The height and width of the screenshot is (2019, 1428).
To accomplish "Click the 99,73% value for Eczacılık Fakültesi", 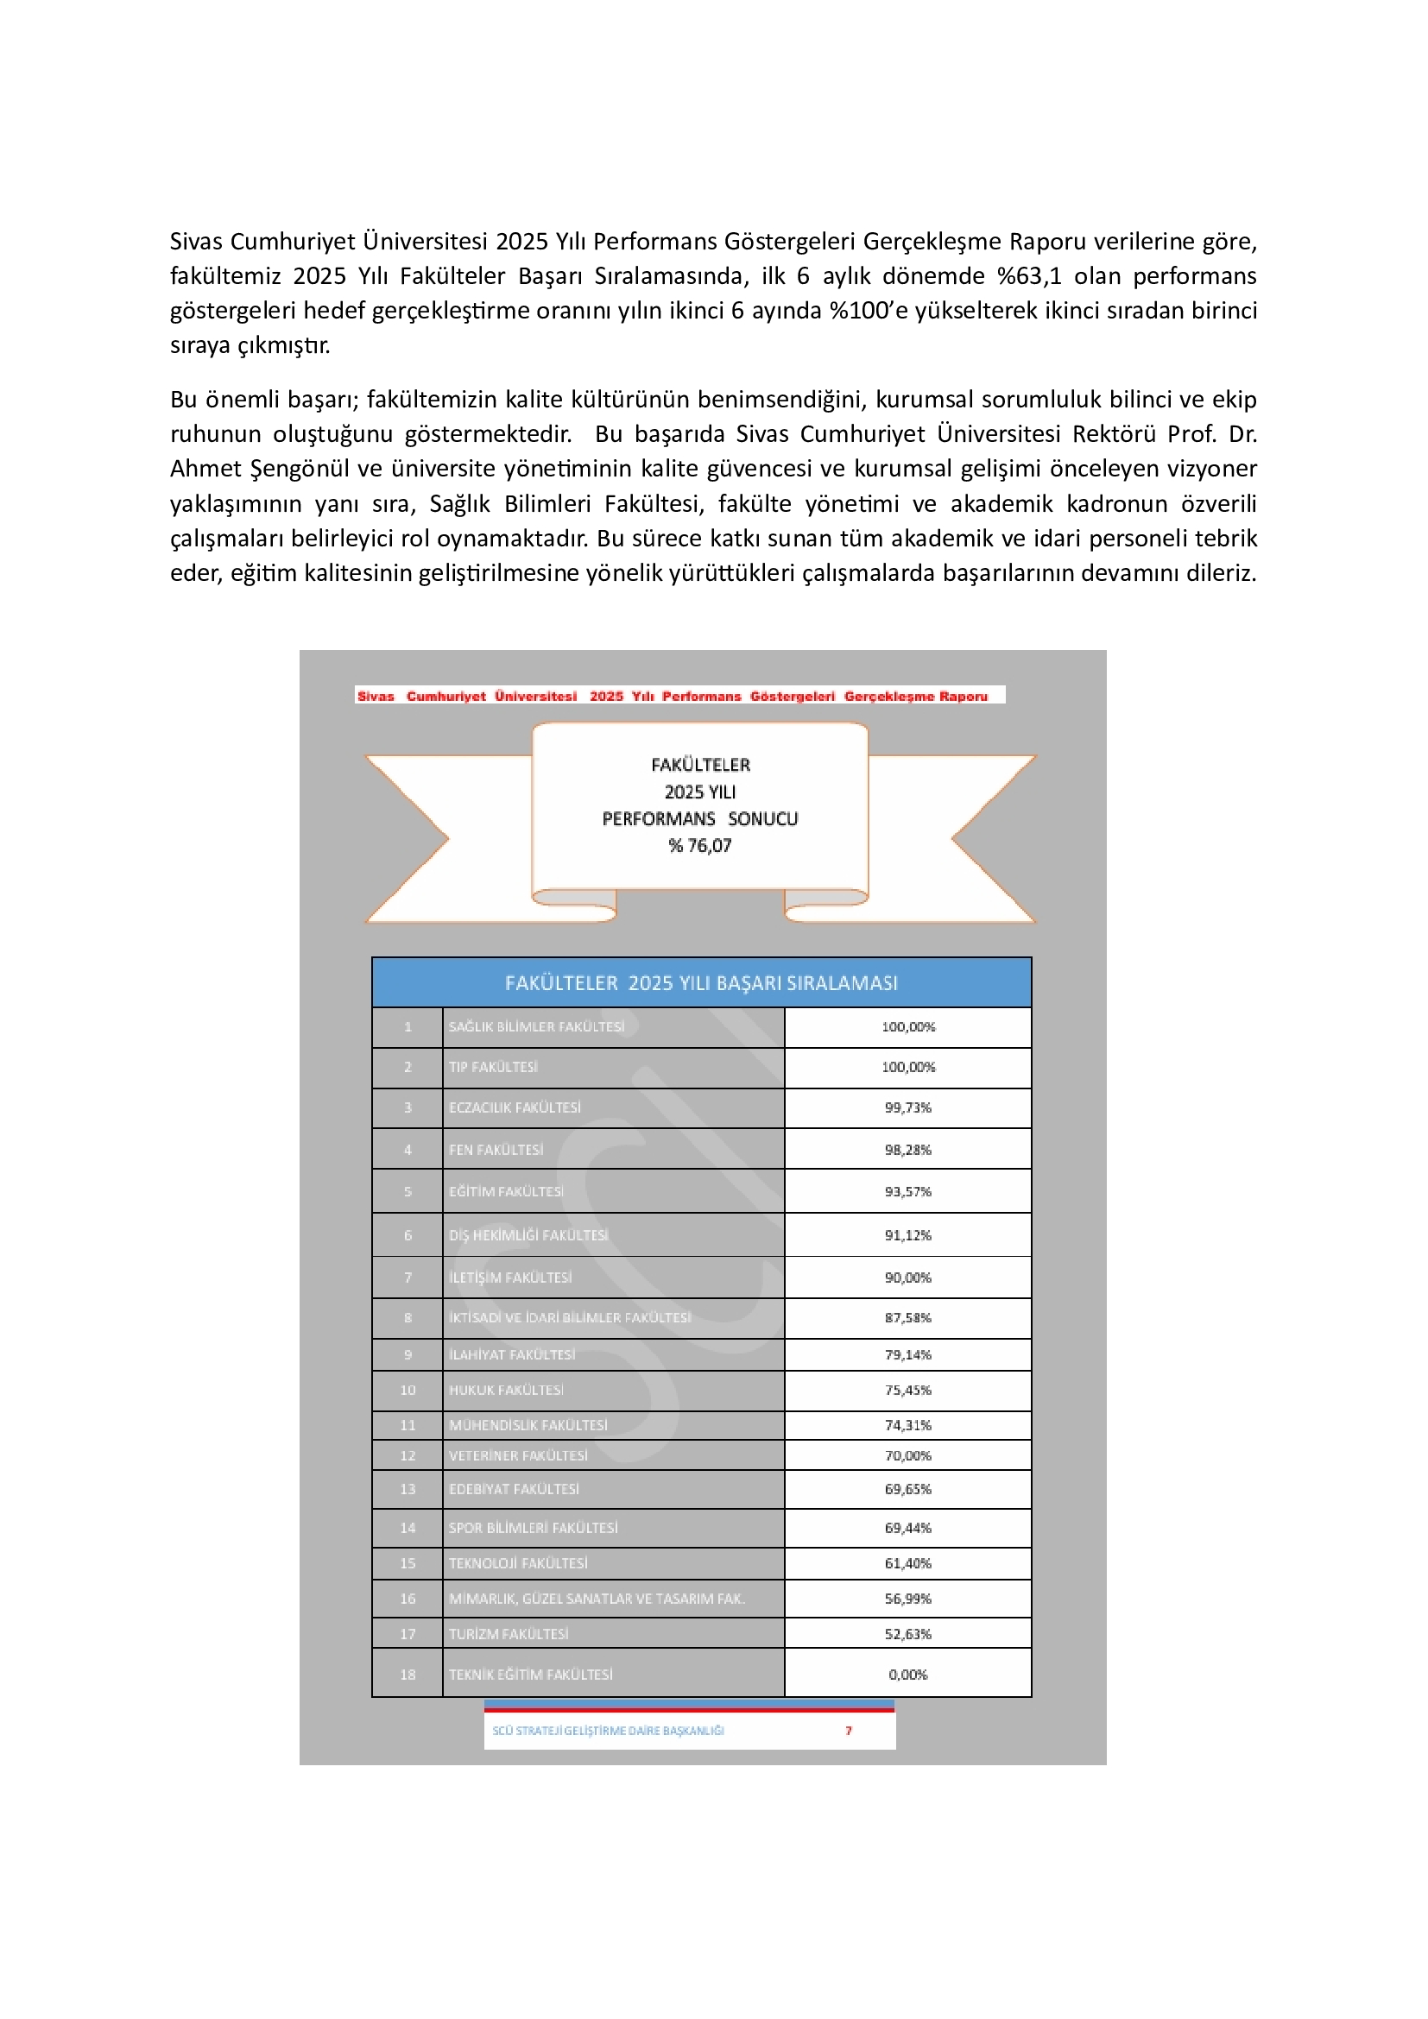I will (907, 1107).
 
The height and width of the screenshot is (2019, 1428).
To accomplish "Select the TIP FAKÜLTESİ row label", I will (492, 1067).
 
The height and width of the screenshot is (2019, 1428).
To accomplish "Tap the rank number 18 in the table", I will (408, 1675).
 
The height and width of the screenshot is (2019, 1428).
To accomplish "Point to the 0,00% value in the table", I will (907, 1675).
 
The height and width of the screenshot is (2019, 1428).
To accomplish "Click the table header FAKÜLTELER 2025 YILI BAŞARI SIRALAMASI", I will (701, 983).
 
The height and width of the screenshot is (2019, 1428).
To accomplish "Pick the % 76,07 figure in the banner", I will (700, 846).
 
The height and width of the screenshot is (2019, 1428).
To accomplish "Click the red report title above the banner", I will (673, 696).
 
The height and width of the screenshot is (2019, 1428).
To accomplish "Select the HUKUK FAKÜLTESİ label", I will (506, 1391).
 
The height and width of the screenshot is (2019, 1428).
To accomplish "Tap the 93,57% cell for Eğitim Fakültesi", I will (907, 1191).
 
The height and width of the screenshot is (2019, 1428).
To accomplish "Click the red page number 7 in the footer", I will (849, 1731).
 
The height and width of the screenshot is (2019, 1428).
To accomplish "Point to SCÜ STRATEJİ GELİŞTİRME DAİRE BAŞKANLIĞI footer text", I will (608, 1731).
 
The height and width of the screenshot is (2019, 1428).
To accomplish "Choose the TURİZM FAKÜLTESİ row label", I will (509, 1634).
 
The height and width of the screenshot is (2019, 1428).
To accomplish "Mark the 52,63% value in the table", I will (907, 1634).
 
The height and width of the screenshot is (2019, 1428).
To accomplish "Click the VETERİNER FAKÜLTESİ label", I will (518, 1455).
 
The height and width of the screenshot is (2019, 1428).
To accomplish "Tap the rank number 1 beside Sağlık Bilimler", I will (408, 1026).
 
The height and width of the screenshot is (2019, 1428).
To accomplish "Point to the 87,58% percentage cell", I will (907, 1317).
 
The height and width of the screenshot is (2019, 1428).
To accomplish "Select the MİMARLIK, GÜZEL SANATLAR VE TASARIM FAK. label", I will (597, 1599).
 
